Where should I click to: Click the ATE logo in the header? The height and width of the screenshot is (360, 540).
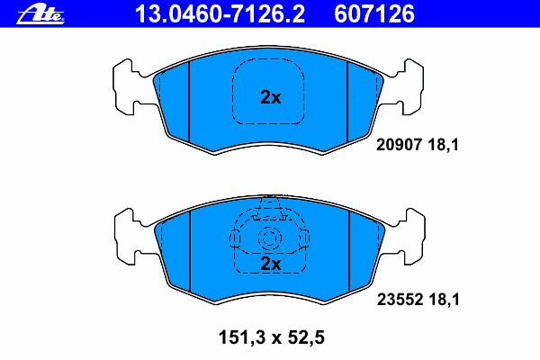click(40, 14)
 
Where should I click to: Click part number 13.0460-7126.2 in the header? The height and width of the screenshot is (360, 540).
click(220, 14)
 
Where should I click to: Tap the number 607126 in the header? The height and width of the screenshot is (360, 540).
click(374, 14)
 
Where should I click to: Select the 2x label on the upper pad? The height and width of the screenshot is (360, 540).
click(271, 97)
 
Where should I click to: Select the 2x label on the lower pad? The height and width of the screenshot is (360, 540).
click(271, 264)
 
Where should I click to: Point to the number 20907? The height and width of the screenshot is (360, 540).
click(399, 145)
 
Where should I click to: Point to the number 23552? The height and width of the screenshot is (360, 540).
click(400, 300)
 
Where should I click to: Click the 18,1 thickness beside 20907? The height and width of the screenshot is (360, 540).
click(444, 145)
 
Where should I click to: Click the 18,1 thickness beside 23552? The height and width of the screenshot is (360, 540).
click(445, 300)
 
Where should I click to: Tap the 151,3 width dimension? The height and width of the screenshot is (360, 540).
click(242, 337)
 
